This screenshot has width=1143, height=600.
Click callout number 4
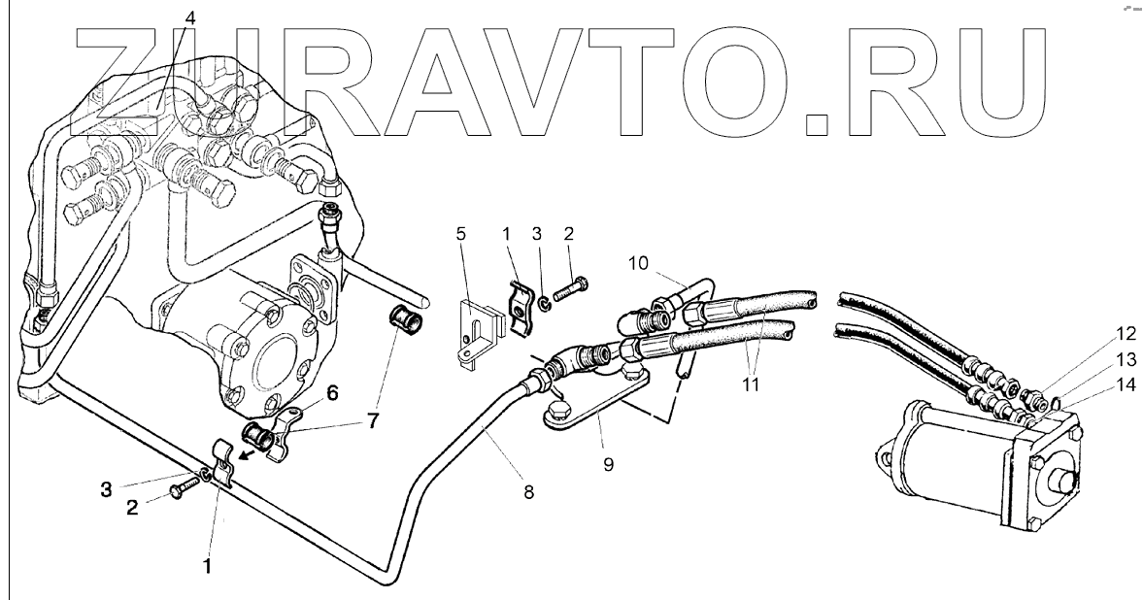tap(189, 18)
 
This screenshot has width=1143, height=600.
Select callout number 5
tap(461, 234)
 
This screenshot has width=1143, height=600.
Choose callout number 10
tap(636, 264)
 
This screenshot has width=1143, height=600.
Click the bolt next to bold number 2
tap(185, 488)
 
